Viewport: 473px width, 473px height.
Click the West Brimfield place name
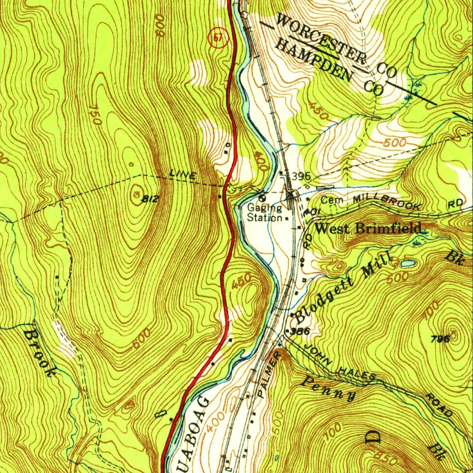pos(368,228)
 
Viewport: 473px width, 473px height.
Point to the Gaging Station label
pos(265,212)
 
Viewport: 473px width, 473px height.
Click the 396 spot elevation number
pos(301,176)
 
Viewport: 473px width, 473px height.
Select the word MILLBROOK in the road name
pos(386,202)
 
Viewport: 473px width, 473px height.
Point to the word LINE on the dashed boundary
pos(183,175)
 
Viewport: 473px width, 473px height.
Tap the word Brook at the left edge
pos(40,353)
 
